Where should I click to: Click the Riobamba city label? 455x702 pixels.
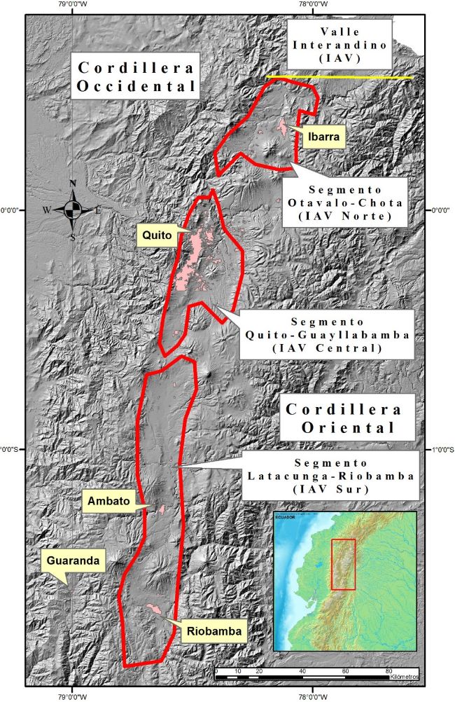215,632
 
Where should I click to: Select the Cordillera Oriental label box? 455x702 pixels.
342,418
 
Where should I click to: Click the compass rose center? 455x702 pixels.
73,209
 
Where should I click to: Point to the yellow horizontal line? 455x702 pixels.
339,77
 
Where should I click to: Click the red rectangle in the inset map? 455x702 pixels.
343,564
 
